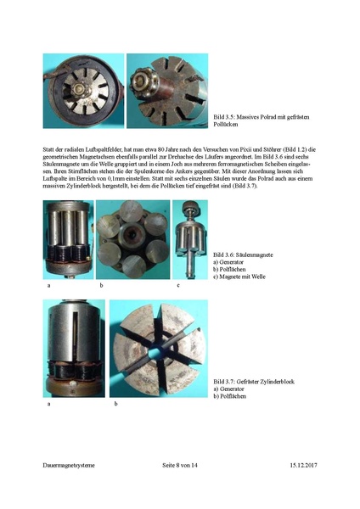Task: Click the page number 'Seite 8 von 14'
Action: pos(179,466)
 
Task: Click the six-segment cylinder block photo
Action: pos(160,348)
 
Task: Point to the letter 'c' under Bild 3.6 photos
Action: pos(178,287)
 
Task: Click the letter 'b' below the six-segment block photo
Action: pos(115,405)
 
